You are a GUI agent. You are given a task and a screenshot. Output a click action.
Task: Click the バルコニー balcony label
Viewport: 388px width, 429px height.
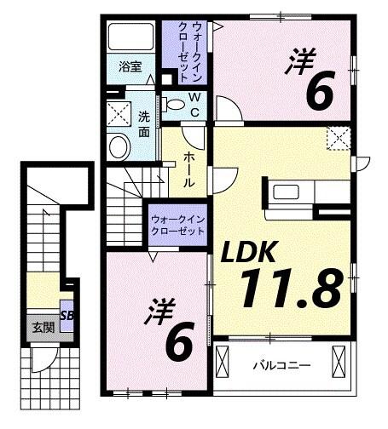(281, 365)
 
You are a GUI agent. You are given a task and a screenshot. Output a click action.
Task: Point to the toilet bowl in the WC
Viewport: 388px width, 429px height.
(175, 105)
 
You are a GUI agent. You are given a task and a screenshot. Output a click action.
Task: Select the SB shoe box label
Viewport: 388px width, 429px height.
(66, 315)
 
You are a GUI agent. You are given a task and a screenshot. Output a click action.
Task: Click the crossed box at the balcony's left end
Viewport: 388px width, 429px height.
(223, 363)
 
